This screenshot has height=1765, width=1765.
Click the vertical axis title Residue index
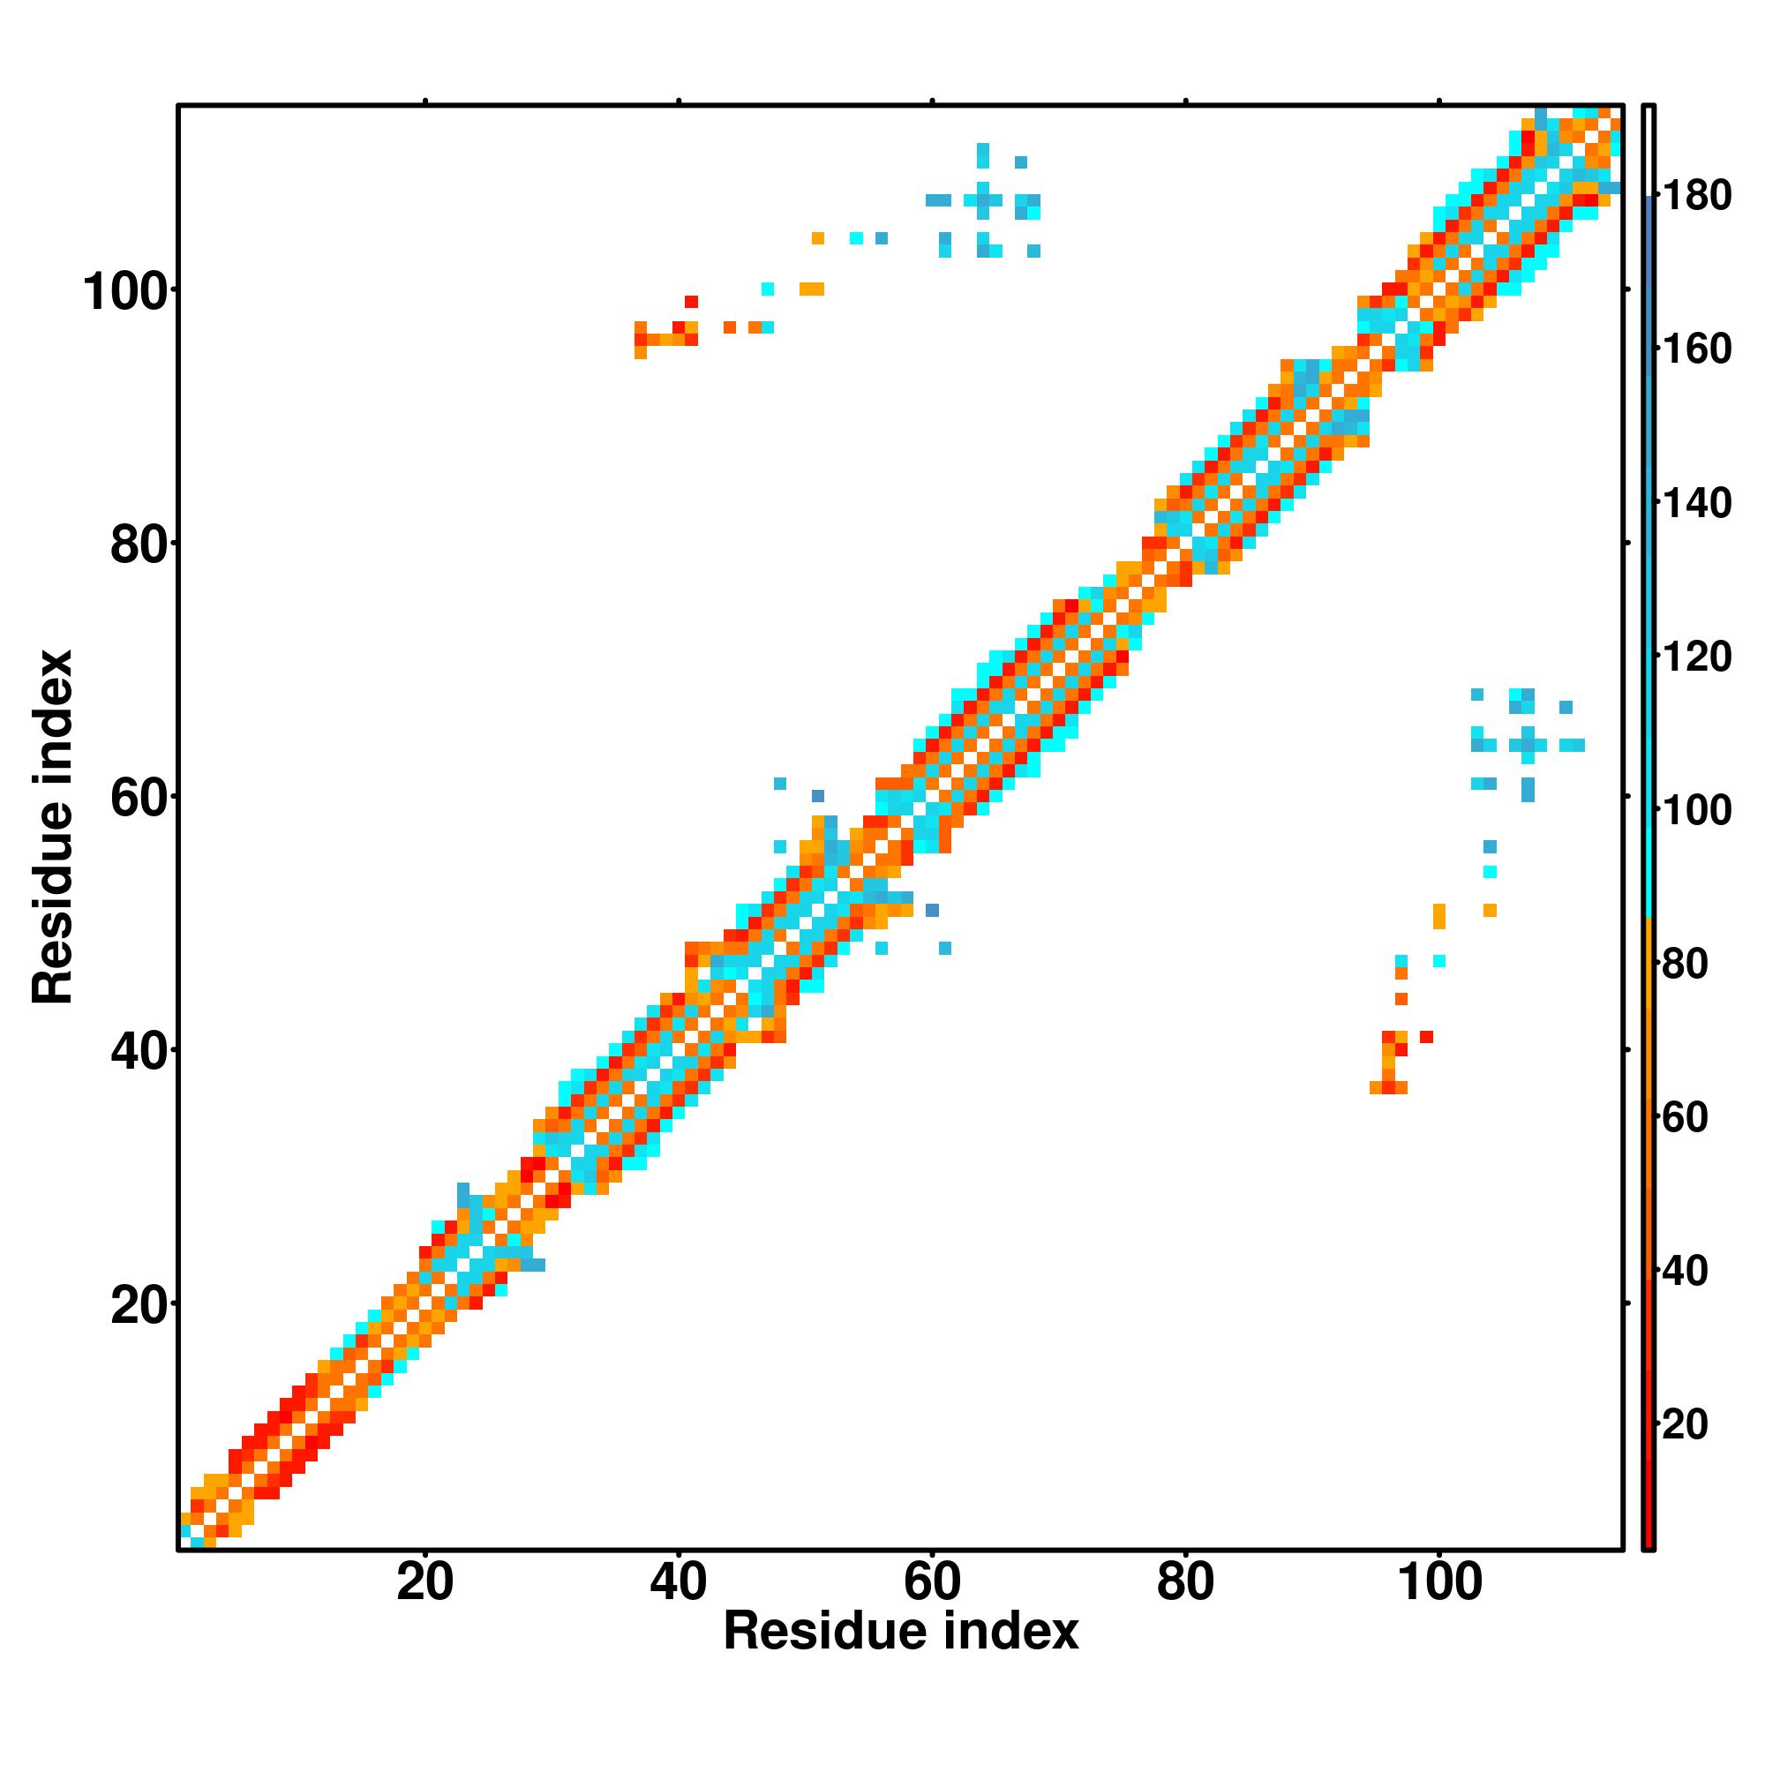tap(52, 827)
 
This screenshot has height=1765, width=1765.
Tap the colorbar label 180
tap(1696, 196)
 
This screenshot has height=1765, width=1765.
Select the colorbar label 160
tap(1696, 349)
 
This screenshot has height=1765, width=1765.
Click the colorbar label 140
tap(1696, 502)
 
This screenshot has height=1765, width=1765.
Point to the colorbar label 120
tap(1696, 656)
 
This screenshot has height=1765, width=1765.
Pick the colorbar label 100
tap(1696, 809)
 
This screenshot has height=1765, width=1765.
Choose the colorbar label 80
tap(1686, 963)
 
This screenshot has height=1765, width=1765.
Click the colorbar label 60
tap(1686, 1116)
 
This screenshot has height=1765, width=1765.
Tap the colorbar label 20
tap(1686, 1423)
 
